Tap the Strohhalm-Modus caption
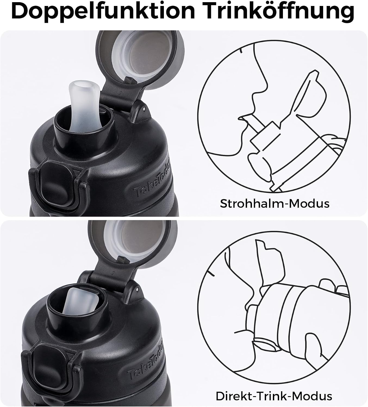[275, 203]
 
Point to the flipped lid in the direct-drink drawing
[268, 262]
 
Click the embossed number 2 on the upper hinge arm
[121, 93]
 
